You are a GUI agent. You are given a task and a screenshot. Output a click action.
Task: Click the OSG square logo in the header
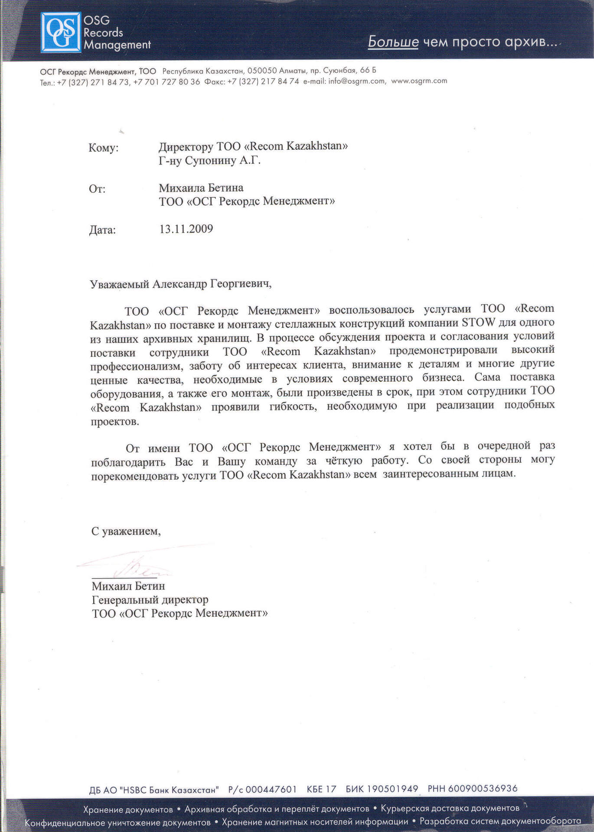coord(61,32)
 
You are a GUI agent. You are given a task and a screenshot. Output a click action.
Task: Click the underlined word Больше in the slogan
coord(393,42)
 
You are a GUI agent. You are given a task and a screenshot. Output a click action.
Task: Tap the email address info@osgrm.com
coord(356,81)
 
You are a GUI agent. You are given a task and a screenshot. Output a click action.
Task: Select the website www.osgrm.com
coord(419,81)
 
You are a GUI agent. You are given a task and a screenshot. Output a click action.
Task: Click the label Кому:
coord(103,148)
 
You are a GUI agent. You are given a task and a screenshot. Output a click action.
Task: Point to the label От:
coord(97,189)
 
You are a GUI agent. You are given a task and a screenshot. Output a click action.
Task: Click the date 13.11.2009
coord(186,229)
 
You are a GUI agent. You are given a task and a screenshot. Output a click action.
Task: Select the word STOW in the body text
coord(479,322)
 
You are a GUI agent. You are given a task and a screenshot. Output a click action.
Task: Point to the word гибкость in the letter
coord(293,407)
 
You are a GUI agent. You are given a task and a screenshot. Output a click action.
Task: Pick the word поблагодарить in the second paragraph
coord(129,462)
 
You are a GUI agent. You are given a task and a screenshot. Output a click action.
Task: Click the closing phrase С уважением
coord(125,531)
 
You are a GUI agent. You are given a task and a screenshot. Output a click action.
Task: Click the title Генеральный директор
coord(150,600)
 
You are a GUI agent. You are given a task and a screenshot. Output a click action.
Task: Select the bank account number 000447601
coord(271,789)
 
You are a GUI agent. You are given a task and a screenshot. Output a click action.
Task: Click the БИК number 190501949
coord(392,789)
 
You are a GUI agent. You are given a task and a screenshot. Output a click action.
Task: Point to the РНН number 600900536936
coord(483,788)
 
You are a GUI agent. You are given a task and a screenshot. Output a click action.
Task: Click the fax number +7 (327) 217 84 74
coord(263,81)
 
